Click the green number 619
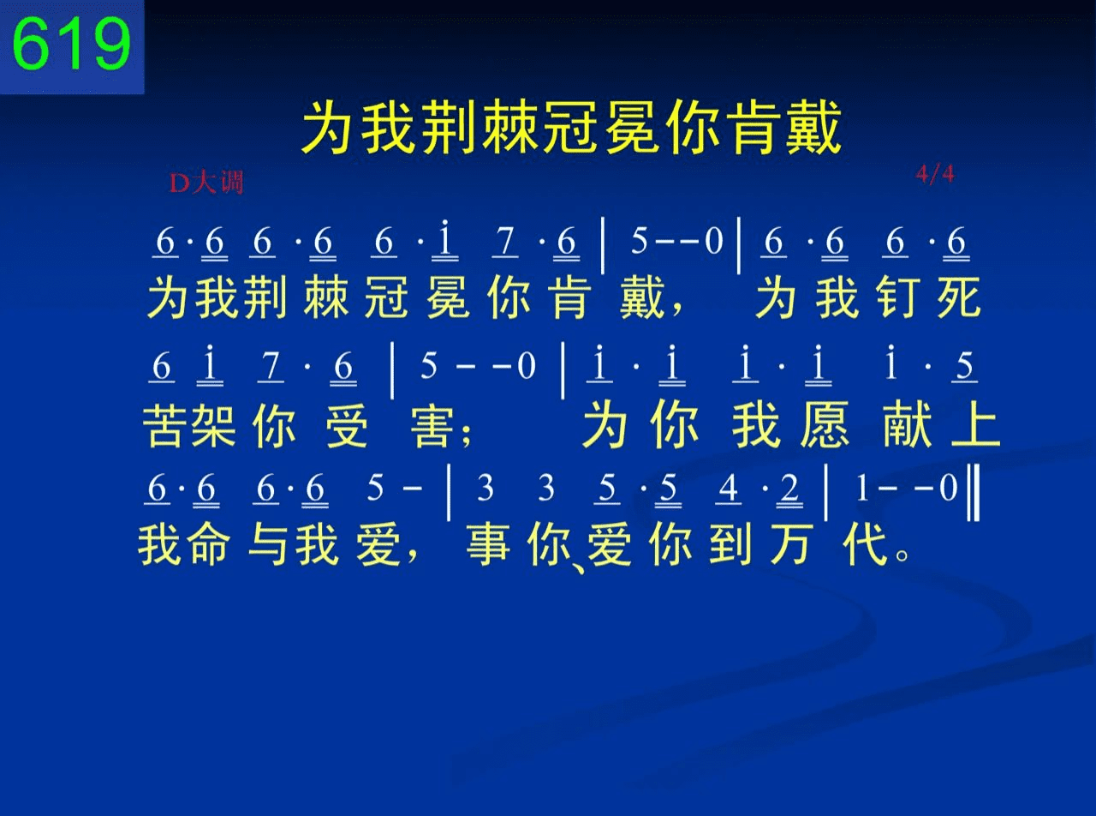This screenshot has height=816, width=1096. [x=72, y=44]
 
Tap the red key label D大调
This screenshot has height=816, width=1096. [x=206, y=183]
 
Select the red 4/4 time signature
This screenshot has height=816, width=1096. [x=935, y=174]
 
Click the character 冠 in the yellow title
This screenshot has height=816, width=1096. [x=572, y=127]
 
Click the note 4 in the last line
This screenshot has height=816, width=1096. [x=729, y=489]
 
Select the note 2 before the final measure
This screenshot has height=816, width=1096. [x=789, y=489]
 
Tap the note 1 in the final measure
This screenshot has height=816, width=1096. [x=862, y=488]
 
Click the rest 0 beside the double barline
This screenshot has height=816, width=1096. [x=948, y=488]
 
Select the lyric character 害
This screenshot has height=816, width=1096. [x=432, y=425]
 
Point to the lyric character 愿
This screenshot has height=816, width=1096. [x=825, y=424]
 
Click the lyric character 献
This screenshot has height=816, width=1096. [x=908, y=424]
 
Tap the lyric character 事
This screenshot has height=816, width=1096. [x=488, y=544]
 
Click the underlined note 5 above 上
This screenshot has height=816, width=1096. [x=964, y=366]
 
